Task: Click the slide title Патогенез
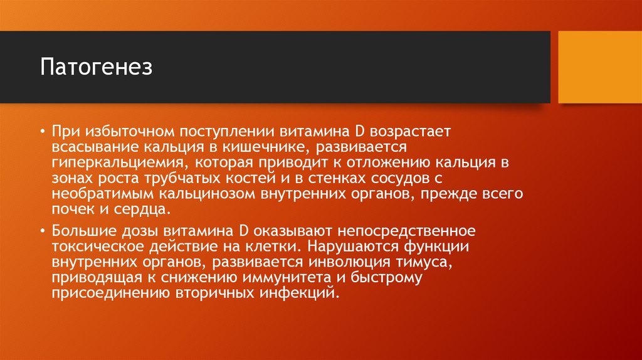coord(97,67)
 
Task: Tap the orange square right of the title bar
coord(599,67)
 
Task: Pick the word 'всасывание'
coord(89,148)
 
